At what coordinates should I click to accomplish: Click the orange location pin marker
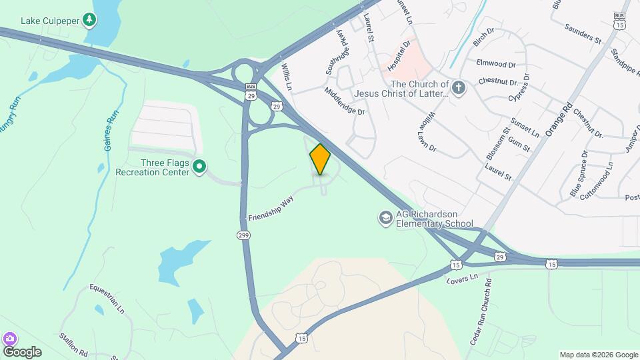320,159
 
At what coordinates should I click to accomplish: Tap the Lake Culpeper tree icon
89,21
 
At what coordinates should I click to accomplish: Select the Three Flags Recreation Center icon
199,166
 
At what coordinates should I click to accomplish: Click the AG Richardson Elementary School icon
385,218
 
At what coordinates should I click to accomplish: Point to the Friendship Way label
271,209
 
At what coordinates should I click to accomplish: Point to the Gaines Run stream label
112,130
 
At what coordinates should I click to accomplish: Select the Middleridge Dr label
345,102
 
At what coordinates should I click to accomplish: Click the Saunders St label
583,33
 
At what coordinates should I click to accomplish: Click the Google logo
22,351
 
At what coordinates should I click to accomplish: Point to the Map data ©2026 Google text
598,355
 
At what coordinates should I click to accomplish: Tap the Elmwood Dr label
496,64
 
